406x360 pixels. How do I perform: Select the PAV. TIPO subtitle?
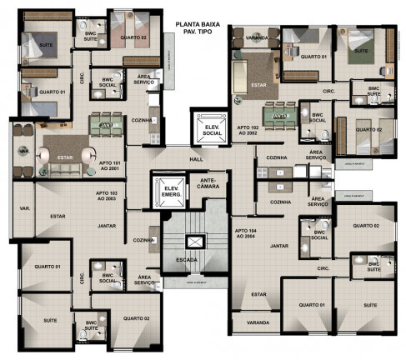point(198,34)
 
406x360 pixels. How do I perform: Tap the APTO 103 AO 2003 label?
point(106,195)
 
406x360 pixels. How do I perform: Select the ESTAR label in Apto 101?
point(65,156)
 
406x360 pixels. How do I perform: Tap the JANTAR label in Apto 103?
point(106,225)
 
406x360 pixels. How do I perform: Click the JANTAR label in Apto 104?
point(278,247)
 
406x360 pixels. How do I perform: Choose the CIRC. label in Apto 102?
point(328,90)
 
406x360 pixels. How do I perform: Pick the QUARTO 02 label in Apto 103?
point(136,318)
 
